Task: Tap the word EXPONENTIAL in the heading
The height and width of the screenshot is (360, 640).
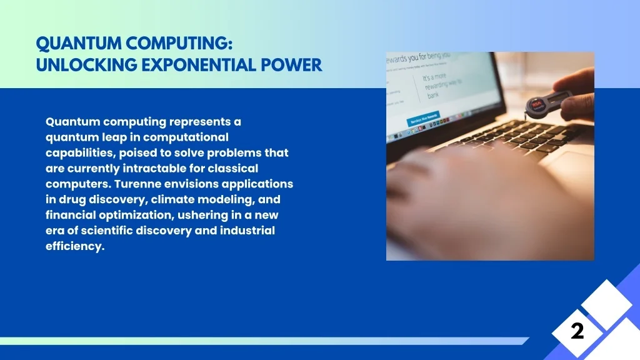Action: point(192,65)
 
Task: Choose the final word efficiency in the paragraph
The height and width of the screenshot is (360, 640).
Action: point(74,246)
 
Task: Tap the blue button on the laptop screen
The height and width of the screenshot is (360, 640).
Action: point(423,118)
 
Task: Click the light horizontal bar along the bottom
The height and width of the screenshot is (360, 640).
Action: point(262,341)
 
